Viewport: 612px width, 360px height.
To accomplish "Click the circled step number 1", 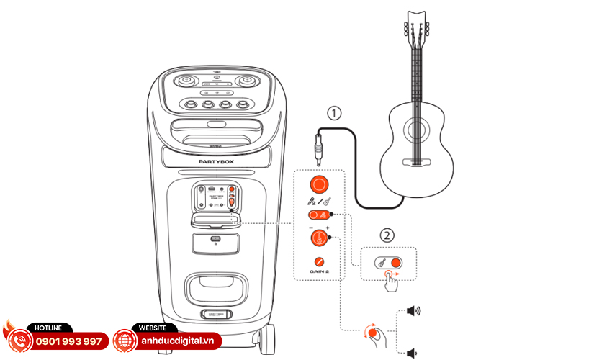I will pos(332,113).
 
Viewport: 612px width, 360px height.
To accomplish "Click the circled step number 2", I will pos(387,234).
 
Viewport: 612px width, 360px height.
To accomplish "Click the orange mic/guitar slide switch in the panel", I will pos(318,215).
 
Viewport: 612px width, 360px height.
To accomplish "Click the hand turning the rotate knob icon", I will pos(374,333).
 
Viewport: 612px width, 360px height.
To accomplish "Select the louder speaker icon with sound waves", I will pos(413,311).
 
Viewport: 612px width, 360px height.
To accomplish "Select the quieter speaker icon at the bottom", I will pos(412,353).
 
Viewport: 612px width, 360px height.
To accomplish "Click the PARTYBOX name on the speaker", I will pos(217,162).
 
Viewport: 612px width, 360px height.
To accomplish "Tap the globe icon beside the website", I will pos(125,341).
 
